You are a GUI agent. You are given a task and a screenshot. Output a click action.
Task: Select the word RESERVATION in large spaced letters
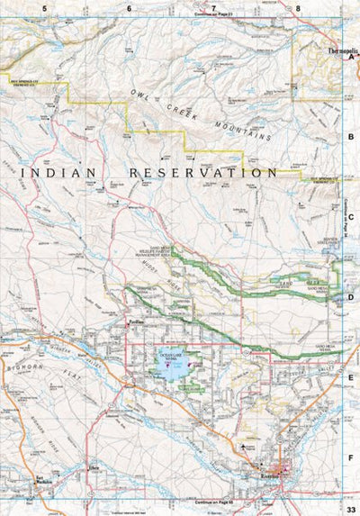click(203, 171)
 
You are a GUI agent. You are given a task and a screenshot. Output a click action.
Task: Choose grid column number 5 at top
click(42, 8)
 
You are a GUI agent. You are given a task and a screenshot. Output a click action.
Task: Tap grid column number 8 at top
click(298, 8)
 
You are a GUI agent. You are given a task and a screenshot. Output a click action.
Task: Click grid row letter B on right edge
click(351, 137)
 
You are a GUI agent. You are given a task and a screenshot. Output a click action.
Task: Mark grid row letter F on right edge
click(351, 457)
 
